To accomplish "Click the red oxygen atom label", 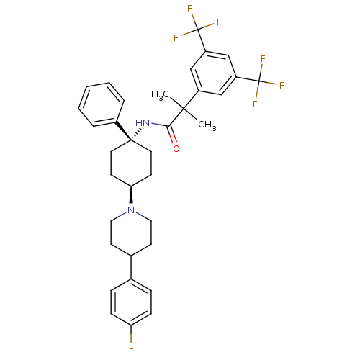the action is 176,148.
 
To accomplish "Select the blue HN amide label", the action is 143,123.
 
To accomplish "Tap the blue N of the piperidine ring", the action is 131,210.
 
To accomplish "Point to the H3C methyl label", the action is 160,95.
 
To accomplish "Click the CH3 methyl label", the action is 207,125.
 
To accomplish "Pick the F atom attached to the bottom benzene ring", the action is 131,348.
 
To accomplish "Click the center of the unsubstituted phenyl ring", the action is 101,104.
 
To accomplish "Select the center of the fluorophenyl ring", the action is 131,302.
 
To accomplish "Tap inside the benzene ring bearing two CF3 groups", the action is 213,73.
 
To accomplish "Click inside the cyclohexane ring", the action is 131,163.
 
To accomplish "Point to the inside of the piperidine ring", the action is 131,233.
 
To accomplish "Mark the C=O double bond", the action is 173,135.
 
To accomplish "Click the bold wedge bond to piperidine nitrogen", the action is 131,194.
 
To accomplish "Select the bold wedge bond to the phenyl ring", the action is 124,131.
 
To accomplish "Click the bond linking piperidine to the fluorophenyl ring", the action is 131,267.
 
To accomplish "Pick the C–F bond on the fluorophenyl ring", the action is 131,334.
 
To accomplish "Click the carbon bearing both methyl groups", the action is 184,109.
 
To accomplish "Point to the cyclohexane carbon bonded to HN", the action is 131,140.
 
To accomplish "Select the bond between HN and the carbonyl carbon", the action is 160,125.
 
